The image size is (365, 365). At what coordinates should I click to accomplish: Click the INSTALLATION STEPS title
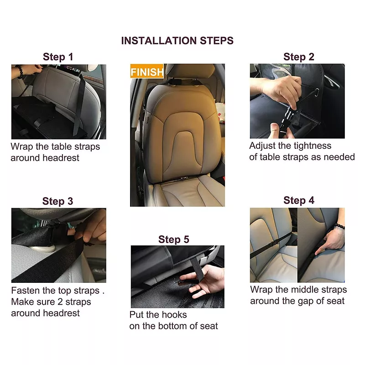click(x=177, y=40)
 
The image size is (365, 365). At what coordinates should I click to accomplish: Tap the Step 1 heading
click(x=58, y=57)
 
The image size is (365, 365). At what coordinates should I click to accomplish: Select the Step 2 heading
click(x=298, y=57)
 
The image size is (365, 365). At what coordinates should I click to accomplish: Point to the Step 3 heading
click(x=57, y=201)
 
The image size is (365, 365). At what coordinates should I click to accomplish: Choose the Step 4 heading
click(x=298, y=200)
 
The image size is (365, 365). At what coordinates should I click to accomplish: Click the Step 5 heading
click(x=173, y=240)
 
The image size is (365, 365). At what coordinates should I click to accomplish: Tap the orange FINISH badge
click(x=146, y=72)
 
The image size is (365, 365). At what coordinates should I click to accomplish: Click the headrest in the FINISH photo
click(x=190, y=73)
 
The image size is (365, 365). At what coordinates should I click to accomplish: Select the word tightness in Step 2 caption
click(x=312, y=146)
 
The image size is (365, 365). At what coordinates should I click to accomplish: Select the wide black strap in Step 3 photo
click(x=50, y=260)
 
